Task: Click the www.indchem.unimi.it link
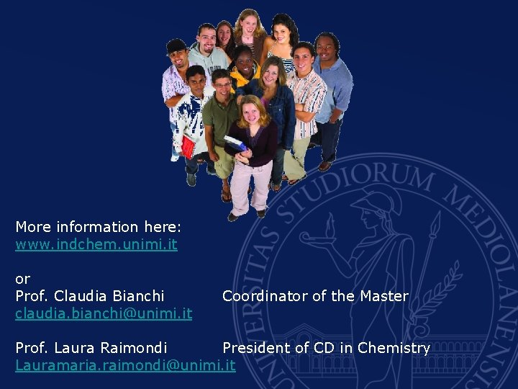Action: coord(96,244)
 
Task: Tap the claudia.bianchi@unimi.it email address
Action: coord(104,313)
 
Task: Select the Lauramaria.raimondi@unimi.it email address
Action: coord(125,365)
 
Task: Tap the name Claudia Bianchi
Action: coord(109,296)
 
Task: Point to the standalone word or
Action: coord(23,279)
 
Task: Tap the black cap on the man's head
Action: coord(176,46)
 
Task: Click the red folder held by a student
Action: coord(188,146)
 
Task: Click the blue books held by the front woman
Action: coord(235,142)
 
